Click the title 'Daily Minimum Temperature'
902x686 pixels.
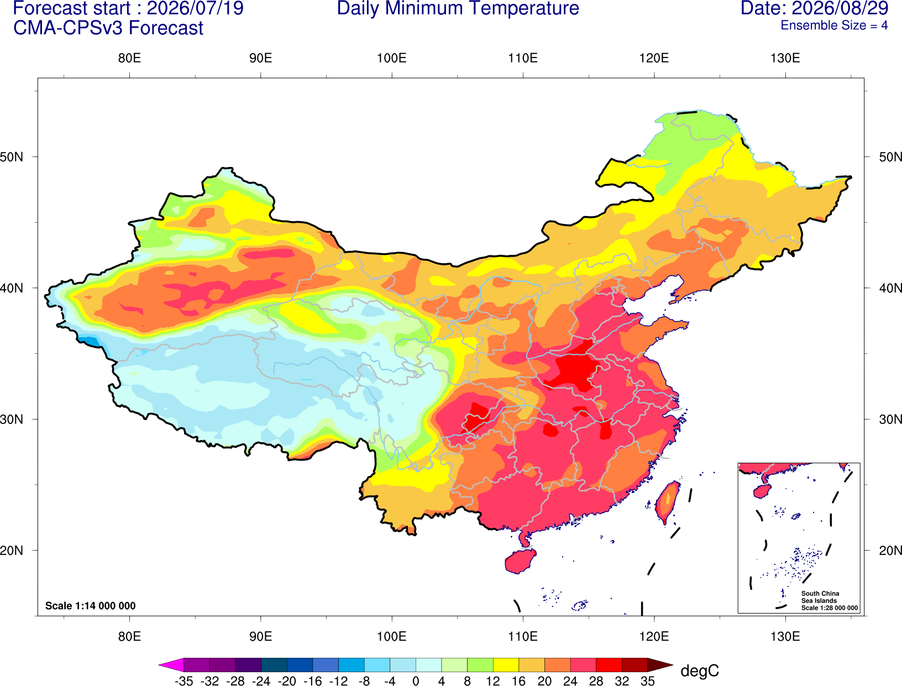coord(458,8)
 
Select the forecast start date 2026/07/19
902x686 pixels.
coord(195,8)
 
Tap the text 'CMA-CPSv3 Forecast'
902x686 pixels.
coord(108,28)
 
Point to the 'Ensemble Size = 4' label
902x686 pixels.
coord(834,25)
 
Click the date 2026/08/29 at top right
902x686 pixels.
coord(840,8)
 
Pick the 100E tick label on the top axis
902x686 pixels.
coord(392,58)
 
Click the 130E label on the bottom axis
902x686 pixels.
coord(785,637)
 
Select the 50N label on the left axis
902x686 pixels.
coord(12,157)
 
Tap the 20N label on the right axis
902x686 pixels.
coord(890,551)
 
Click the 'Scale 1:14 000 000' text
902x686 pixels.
coord(91,606)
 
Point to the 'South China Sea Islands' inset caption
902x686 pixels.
coord(820,597)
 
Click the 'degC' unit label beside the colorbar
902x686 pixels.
coord(700,671)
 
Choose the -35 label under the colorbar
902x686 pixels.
coord(183,681)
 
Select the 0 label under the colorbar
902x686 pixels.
coord(416,681)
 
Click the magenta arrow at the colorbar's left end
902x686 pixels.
coord(171,664)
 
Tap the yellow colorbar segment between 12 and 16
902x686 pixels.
coord(506,664)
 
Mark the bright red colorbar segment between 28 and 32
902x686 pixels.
coord(609,664)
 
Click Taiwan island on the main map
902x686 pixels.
coord(667,502)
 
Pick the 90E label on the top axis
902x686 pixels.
coord(260,58)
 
